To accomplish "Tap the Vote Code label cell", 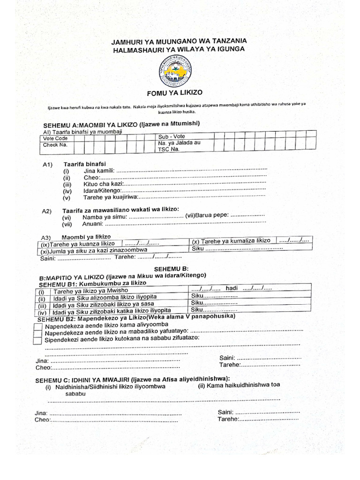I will tap(55, 139).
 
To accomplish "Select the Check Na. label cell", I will tap(55, 145).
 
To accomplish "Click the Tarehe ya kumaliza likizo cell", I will tap(231, 241).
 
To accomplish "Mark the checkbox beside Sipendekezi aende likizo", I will tap(37, 341).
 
